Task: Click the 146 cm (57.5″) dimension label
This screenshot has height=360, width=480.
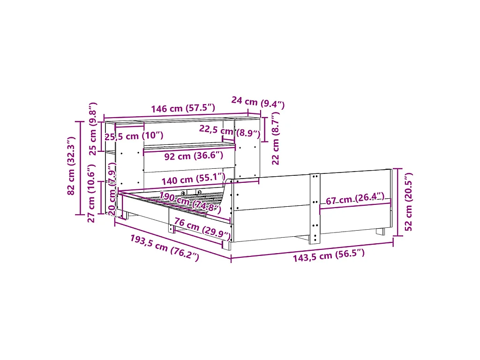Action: point(183,108)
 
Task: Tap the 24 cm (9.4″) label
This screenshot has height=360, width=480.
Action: point(258,102)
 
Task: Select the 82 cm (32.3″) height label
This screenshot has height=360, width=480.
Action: point(71,166)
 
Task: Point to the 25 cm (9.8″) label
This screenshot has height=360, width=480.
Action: point(93,129)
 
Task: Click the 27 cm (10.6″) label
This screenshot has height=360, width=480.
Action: point(91,193)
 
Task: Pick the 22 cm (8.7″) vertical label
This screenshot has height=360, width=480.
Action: point(276,138)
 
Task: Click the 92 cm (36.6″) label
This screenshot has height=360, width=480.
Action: point(194,156)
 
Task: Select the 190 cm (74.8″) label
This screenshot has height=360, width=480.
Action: point(190,202)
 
